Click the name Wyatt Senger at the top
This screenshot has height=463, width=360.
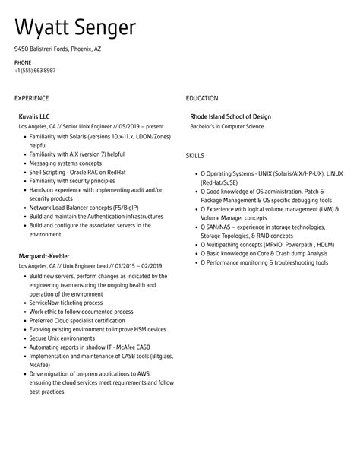click(x=75, y=28)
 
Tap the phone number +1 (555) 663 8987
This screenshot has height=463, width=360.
click(x=35, y=70)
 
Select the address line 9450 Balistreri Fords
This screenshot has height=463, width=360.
click(x=57, y=49)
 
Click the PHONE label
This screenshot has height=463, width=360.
click(x=23, y=62)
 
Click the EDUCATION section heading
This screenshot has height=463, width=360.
click(x=201, y=98)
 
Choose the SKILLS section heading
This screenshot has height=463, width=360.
click(x=194, y=155)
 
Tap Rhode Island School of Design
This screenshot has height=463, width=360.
click(x=230, y=117)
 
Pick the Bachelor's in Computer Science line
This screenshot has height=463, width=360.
click(x=226, y=127)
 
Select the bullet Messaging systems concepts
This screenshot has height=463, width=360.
click(x=65, y=162)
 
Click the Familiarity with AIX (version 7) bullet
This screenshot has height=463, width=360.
click(x=77, y=154)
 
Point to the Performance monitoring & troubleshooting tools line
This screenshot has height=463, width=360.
click(x=266, y=262)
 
